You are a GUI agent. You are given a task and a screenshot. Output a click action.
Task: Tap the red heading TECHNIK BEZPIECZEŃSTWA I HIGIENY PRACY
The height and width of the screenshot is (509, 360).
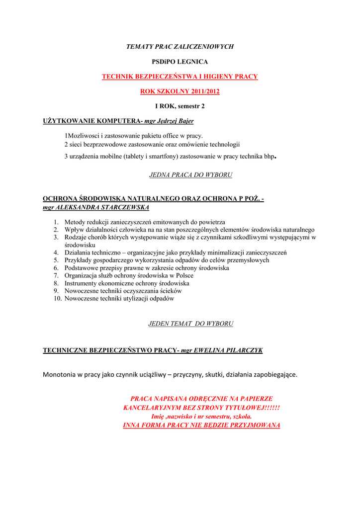[180, 77]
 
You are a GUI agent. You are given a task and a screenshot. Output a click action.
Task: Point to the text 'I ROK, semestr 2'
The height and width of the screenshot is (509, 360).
[180, 106]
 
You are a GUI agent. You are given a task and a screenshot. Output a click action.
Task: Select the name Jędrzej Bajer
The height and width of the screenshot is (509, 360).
[176, 121]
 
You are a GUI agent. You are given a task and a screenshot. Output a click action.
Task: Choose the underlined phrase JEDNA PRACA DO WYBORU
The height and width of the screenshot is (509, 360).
[190, 175]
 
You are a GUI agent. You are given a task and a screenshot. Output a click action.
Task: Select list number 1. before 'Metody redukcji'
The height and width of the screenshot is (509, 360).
[56, 222]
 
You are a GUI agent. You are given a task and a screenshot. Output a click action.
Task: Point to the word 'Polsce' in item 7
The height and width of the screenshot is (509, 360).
[184, 275]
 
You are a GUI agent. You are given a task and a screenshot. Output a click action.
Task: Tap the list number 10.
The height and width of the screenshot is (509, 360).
[57, 299]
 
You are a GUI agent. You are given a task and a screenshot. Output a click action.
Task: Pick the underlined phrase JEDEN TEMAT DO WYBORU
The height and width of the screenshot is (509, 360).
[190, 324]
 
